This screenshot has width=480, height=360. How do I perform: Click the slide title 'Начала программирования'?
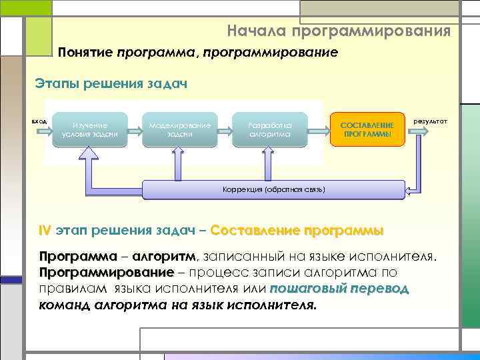(338, 31)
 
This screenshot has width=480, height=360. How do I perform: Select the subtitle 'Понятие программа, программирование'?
(198, 52)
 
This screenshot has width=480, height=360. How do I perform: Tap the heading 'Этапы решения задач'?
(111, 85)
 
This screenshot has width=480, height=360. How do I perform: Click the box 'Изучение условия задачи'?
(90, 129)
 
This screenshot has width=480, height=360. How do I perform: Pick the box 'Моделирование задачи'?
(180, 129)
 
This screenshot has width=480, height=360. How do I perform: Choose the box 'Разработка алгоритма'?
(269, 129)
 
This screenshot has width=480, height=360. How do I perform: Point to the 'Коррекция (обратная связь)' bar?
(273, 189)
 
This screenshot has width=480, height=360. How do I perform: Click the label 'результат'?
(431, 121)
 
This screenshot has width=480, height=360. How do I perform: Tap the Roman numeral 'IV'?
(45, 231)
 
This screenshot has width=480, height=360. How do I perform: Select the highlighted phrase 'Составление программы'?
(297, 231)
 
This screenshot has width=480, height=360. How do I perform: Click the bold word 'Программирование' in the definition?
(106, 273)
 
